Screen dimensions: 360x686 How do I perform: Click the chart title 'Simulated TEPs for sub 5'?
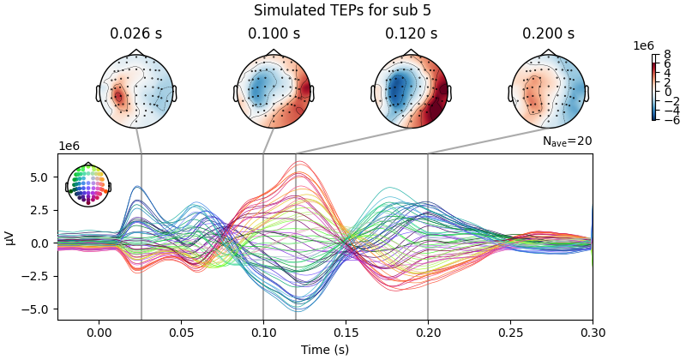click(x=342, y=11)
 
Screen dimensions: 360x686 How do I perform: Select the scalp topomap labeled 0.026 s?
click(x=136, y=91)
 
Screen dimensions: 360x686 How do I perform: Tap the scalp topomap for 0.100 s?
click(x=274, y=91)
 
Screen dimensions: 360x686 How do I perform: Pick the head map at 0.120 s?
click(x=411, y=91)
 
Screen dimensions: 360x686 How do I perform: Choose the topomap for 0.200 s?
click(x=548, y=91)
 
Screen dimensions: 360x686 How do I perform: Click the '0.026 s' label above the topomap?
click(x=136, y=34)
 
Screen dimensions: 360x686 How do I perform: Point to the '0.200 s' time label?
click(x=548, y=34)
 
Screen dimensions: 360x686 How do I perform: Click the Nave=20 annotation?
click(x=567, y=141)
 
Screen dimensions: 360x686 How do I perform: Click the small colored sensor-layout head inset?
click(x=88, y=185)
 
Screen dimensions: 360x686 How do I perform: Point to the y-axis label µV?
click(x=9, y=237)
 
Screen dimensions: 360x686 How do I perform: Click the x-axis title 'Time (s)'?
click(x=324, y=350)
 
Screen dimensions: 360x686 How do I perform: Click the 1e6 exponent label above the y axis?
click(x=69, y=147)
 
